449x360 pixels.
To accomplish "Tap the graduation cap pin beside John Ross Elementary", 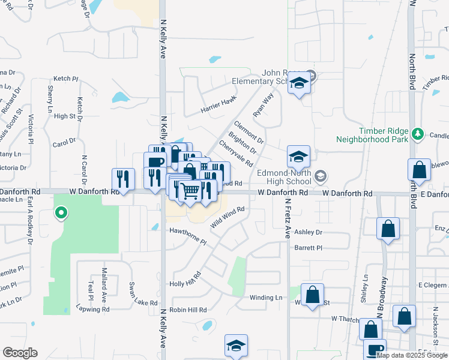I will pos(298,83).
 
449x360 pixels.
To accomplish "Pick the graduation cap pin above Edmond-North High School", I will pos(298,157).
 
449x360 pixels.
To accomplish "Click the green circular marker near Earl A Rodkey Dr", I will pos(61,212).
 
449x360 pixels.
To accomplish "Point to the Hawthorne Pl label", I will pos(187,236).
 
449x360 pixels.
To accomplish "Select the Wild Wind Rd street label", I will pos(228,217).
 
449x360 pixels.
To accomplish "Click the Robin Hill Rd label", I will pos(188,310).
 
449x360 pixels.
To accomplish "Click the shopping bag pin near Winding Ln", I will pos(313,295).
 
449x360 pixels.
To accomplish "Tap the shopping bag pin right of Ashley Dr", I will pos(388,229).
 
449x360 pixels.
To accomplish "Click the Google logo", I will pos(20,353).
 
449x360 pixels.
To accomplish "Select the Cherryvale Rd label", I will pos(236,154).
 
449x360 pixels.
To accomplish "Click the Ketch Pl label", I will pos(66,79).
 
